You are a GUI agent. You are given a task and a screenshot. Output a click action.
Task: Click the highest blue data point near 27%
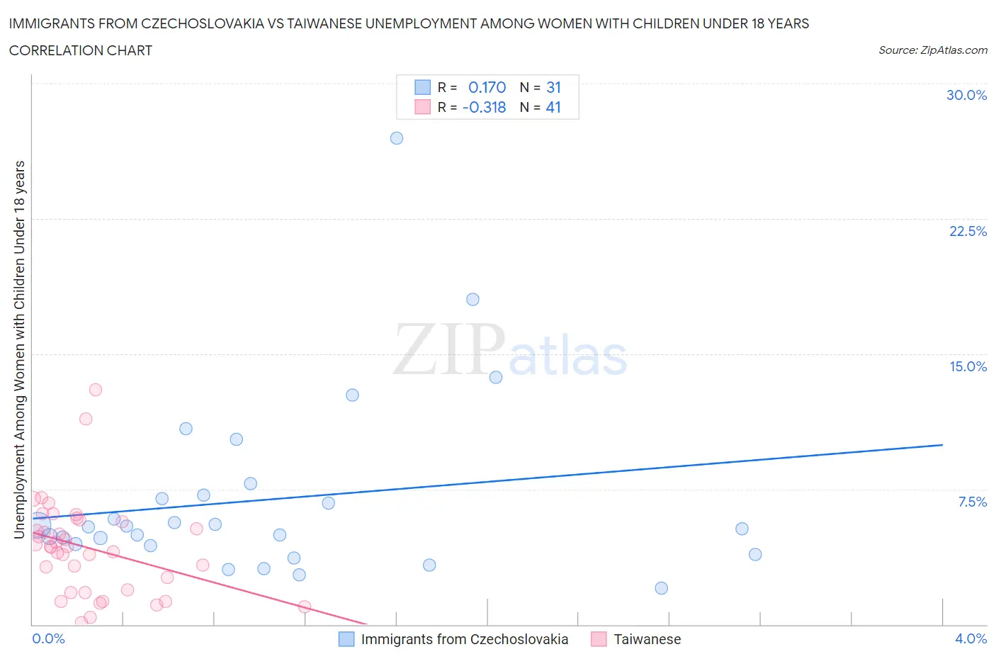(397, 138)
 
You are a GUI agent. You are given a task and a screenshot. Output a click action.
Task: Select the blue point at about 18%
(472, 299)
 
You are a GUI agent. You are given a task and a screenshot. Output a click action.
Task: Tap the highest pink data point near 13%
(96, 390)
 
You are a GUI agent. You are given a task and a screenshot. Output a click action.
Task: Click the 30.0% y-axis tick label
(966, 95)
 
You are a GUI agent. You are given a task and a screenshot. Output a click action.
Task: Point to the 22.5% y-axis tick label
(968, 231)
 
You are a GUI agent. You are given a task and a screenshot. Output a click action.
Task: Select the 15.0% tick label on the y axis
(968, 366)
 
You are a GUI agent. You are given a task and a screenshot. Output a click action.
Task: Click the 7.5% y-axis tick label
(972, 502)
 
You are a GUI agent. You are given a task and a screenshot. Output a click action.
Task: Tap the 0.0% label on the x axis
(48, 638)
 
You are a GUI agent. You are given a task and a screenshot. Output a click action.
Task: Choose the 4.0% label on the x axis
(970, 638)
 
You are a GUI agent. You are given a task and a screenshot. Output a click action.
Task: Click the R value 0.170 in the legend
(487, 87)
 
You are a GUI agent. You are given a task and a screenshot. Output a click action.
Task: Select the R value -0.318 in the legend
(484, 107)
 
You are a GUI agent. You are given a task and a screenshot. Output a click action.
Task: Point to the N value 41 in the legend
(553, 107)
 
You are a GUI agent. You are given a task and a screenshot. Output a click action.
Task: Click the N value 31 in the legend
(553, 87)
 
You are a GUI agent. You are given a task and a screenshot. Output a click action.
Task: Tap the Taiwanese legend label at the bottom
(647, 639)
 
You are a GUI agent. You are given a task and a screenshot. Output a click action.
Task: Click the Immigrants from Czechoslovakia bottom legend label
(464, 639)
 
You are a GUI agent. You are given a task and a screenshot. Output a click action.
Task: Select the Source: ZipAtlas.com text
(932, 50)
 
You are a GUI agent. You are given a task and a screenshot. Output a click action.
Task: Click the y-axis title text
(19, 349)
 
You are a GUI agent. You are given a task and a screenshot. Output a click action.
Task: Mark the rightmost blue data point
(755, 554)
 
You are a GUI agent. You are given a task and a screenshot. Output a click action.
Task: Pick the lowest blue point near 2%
(661, 588)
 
